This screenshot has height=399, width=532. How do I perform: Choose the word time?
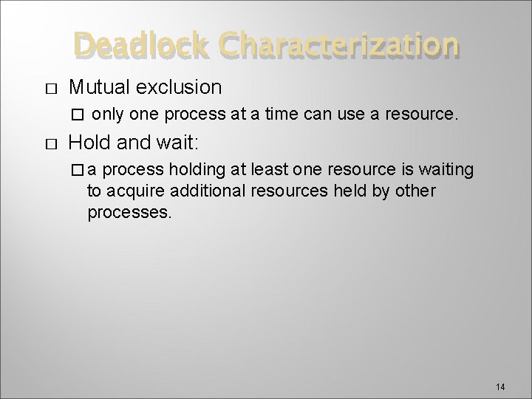[x=303, y=115]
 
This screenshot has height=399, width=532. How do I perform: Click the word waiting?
[x=447, y=170]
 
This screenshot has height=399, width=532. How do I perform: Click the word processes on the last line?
[x=129, y=214]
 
